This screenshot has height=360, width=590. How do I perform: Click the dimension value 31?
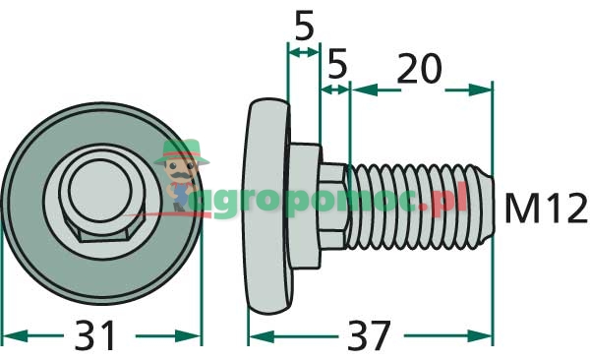coord(94,335)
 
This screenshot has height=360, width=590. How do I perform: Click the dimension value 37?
coord(369,335)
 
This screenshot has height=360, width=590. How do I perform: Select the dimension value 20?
coord(419,69)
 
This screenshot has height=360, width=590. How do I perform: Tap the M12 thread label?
coord(545,208)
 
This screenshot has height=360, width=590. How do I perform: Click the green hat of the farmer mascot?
coord(182,151)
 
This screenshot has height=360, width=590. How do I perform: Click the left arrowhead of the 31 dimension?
coord(15,335)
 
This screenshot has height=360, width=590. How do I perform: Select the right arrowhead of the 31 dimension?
coord(188,335)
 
